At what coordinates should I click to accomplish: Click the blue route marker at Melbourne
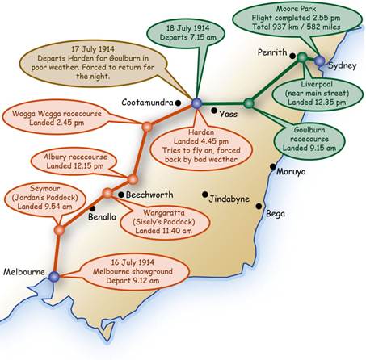pos(54,276)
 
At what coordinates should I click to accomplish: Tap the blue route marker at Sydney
pos(320,61)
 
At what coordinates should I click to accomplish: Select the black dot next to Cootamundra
pos(178,103)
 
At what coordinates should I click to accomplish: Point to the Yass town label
pos(229,114)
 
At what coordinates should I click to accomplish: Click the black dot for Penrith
pos(292,56)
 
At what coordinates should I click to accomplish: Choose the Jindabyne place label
pos(229,199)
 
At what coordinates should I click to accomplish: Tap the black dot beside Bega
pos(259,206)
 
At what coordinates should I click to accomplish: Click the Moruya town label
pos(291,171)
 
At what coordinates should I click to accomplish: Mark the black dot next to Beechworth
pos(121,195)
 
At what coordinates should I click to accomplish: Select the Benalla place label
pos(102,216)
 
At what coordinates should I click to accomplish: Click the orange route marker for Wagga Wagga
pos(147,127)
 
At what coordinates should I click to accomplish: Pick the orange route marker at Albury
pos(133,179)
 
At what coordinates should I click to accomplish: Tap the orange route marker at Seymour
pos(59,230)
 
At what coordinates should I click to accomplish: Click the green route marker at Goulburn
pos(249,103)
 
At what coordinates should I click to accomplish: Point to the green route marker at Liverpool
pos(302,57)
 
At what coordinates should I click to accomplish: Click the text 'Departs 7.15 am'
pos(188,37)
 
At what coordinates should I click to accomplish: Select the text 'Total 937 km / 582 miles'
pos(297,27)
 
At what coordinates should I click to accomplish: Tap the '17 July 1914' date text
pos(93,49)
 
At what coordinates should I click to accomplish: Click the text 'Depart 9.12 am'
pos(133,280)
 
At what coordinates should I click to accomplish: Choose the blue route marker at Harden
pos(197,103)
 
